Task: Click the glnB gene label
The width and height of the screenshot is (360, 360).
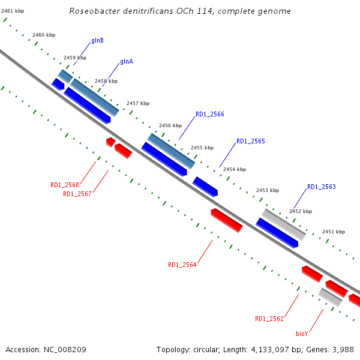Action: pos(97,41)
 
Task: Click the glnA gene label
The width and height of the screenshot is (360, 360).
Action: pos(127,61)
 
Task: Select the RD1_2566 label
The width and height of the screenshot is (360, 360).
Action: pos(210,114)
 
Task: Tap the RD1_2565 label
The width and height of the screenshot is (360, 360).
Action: pos(251,142)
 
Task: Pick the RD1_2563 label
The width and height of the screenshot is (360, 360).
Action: pos(322,187)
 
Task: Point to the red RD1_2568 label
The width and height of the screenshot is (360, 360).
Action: pos(65,185)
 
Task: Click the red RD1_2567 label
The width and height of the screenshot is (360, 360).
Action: pos(77,194)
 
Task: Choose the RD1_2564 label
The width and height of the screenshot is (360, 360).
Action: pos(182,265)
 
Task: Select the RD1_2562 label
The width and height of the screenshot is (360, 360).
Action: pos(269,319)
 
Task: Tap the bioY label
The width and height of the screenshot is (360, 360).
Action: pos(302,333)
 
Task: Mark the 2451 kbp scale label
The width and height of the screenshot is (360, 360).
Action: pos(334,232)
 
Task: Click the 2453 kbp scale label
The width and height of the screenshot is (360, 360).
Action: pos(268,190)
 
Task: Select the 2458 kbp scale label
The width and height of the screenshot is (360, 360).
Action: pos(106,81)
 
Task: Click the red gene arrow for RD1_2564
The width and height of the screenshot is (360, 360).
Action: pos(227,220)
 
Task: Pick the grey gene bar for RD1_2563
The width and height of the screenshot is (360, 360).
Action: pos(284,224)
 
